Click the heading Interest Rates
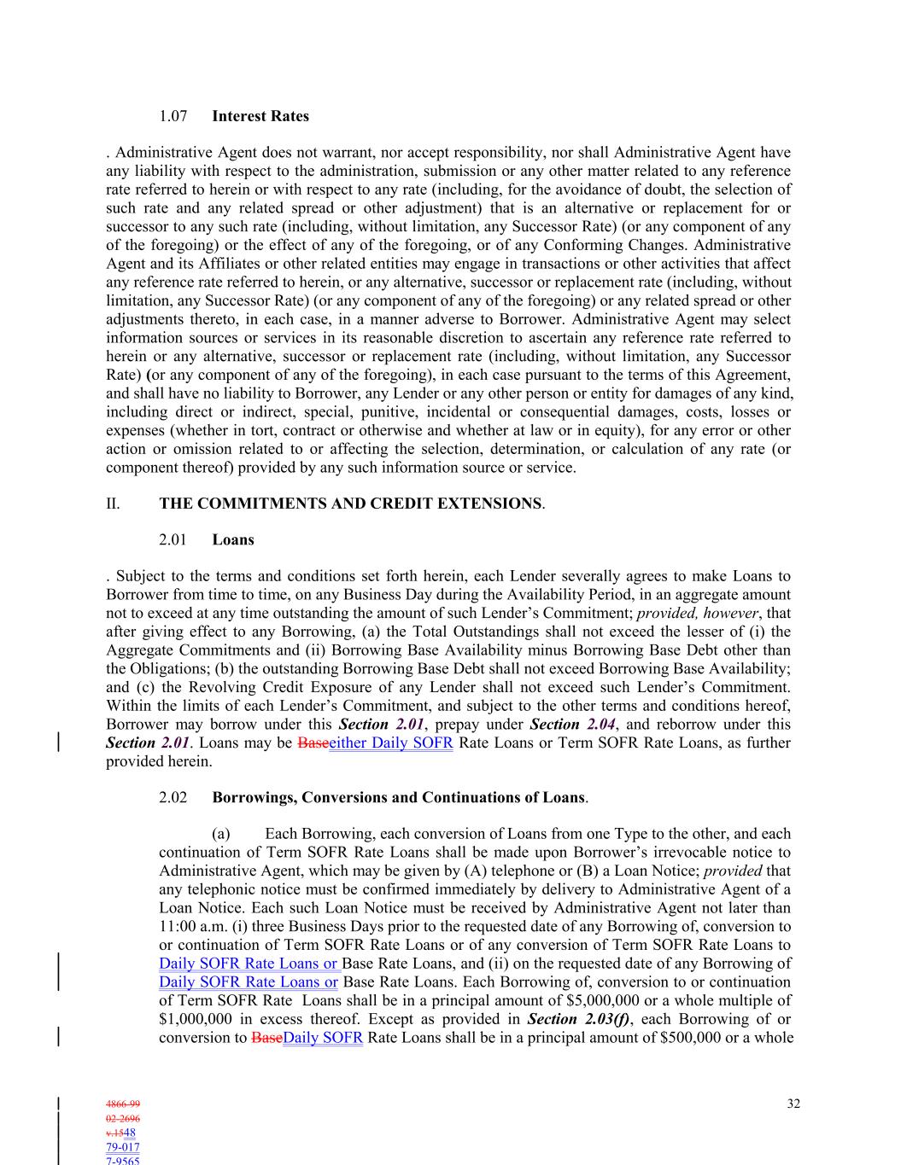(260, 116)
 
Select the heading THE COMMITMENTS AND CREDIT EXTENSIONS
(350, 504)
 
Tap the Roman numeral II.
(113, 504)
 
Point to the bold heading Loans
(233, 539)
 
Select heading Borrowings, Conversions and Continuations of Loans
(398, 798)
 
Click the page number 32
(793, 1104)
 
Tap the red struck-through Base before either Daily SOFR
(313, 743)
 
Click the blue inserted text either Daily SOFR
(391, 743)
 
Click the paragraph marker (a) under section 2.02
(220, 834)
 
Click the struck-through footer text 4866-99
(123, 1104)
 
